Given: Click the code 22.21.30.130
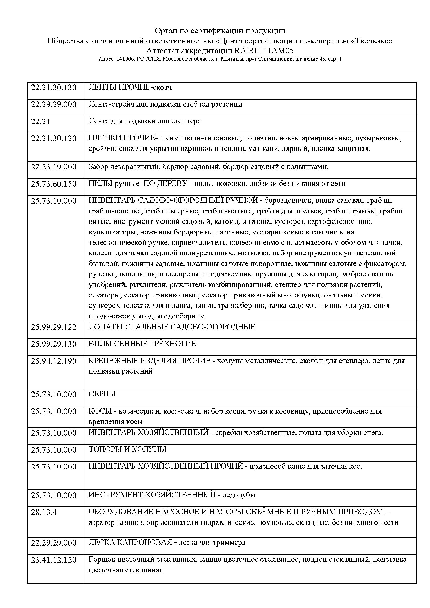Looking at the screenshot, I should pyautogui.click(x=54, y=88).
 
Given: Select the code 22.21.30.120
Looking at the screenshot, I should pyautogui.click(x=54, y=139).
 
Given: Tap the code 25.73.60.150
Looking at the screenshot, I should pyautogui.click(x=54, y=184).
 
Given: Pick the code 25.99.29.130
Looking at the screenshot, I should pyautogui.click(x=54, y=344).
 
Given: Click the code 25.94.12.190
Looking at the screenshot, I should pyautogui.click(x=54, y=361).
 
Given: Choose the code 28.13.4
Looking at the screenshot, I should pyautogui.click(x=44, y=512).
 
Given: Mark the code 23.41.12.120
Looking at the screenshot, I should pyautogui.click(x=54, y=560).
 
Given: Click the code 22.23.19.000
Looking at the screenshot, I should pyautogui.click(x=54, y=167).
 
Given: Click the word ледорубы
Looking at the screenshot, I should pyautogui.click(x=239, y=495).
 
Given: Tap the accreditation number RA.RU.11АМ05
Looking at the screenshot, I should pyautogui.click(x=264, y=51).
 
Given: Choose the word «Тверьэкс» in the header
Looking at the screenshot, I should pyautogui.click(x=373, y=41).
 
